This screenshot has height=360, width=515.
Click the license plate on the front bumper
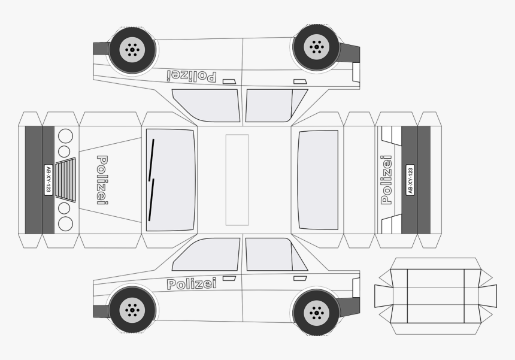49,180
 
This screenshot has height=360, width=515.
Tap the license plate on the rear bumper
410,180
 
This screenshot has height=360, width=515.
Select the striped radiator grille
66,179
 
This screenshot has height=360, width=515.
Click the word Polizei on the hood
102,180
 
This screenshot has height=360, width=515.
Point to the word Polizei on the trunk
386,180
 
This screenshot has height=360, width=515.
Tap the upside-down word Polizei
192,76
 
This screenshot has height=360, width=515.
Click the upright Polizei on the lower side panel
192,284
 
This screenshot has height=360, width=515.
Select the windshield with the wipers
171,180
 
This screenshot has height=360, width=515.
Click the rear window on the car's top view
318,180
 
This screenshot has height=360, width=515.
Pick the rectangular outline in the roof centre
237,180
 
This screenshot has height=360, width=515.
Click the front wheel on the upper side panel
132,50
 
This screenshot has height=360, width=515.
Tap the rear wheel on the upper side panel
316,47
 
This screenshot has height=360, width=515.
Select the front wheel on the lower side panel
132,310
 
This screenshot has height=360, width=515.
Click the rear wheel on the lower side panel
316,312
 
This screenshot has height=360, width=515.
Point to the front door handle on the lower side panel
229,279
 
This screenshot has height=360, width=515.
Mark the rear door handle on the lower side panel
300,279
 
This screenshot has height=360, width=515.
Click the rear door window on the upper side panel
276,105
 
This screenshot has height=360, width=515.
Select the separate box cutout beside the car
435,297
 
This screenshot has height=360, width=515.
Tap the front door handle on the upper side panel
229,81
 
